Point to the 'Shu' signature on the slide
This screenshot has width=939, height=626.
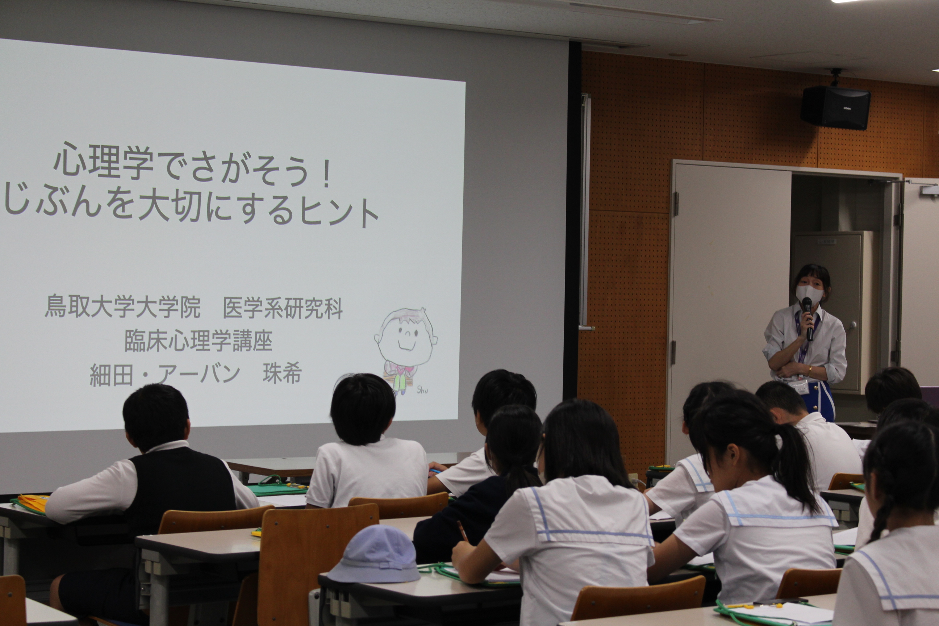point(422,390)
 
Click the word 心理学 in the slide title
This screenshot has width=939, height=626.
point(103,161)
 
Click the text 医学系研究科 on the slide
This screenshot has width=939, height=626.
point(283,308)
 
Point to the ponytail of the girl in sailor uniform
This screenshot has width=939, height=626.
point(793,467)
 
